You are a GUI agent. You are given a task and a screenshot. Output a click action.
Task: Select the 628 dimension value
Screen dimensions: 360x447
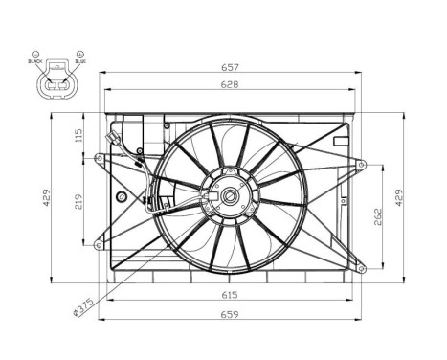pyautogui.click(x=231, y=85)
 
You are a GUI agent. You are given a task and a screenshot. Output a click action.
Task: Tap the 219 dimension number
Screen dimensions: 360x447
pyautogui.click(x=78, y=200)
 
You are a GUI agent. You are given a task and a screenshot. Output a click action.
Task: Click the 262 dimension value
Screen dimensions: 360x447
pyautogui.click(x=379, y=216)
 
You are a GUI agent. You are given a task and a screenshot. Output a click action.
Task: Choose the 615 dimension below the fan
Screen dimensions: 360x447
pyautogui.click(x=231, y=296)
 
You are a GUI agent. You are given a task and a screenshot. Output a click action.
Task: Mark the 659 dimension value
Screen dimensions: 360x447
pyautogui.click(x=231, y=313)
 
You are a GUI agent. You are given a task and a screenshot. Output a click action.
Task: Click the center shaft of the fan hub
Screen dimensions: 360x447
pyautogui.click(x=231, y=197)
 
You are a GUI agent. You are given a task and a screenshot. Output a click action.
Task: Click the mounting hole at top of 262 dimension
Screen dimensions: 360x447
pyautogui.click(x=362, y=163)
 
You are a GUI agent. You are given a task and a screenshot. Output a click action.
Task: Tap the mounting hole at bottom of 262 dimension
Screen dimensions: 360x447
pyautogui.click(x=362, y=271)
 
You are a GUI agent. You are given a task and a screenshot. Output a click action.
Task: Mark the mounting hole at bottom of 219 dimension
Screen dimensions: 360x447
pyautogui.click(x=98, y=246)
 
